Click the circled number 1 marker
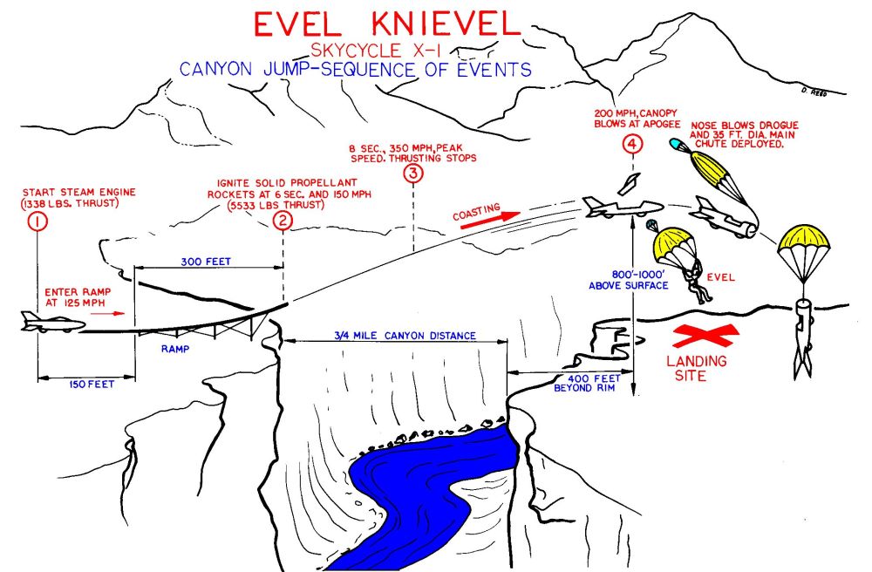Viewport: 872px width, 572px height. (37, 221)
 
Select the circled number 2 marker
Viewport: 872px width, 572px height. (283, 221)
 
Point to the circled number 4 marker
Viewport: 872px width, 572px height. (632, 145)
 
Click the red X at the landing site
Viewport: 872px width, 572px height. (705, 336)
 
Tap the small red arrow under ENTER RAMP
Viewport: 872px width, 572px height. (108, 314)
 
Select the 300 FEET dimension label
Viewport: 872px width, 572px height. (206, 262)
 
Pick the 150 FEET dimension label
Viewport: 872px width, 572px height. (92, 385)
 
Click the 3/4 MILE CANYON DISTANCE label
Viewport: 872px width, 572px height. (405, 336)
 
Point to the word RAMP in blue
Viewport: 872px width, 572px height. (175, 349)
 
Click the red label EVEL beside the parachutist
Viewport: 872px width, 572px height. (721, 276)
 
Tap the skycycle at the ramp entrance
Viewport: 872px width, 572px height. (53, 323)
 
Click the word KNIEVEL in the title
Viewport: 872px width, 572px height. (445, 24)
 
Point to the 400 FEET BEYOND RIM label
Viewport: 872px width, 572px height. (587, 383)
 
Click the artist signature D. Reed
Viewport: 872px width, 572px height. (814, 92)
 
